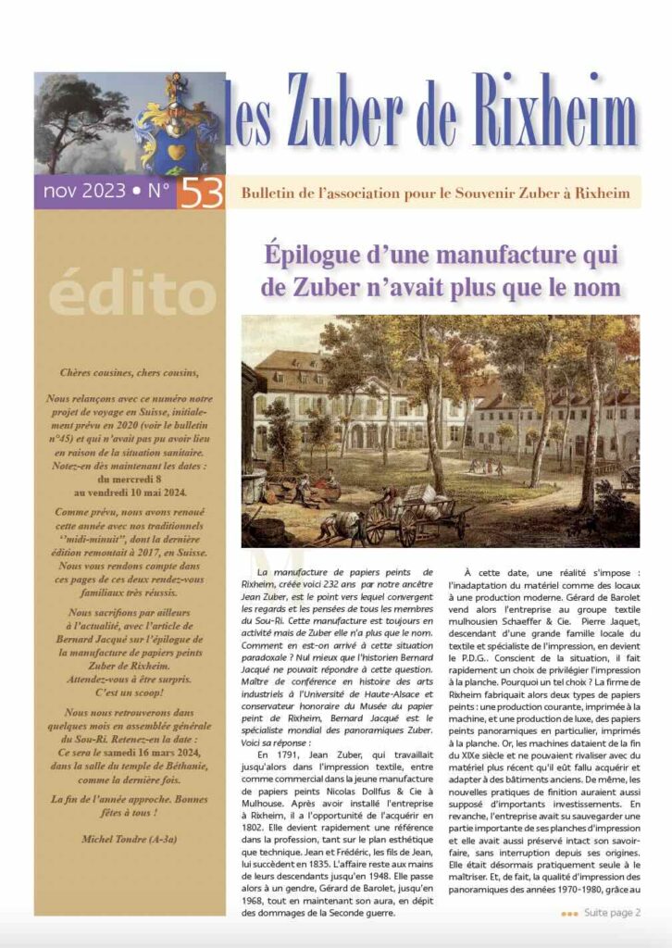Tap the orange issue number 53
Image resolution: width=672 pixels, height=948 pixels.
point(200,193)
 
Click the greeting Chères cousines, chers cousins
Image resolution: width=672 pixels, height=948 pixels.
point(129,373)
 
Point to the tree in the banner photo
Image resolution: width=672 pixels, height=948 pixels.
point(74,111)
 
